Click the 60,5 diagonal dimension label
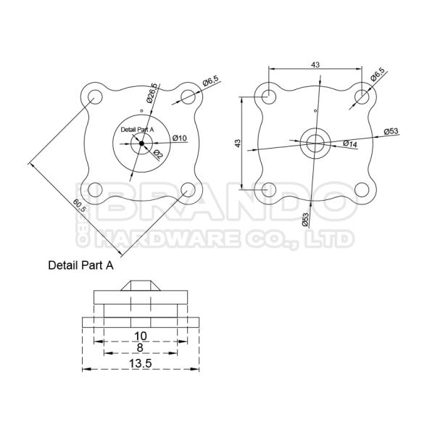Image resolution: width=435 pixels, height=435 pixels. (80, 206)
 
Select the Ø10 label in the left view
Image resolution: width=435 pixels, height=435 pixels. (180, 138)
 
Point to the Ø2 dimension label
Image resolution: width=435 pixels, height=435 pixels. (157, 154)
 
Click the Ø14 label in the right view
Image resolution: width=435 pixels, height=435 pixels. (350, 144)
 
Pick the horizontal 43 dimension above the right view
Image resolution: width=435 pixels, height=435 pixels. (315, 65)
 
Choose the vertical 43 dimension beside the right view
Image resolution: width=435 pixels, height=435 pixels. (238, 143)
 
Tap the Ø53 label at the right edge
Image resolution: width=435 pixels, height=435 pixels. (391, 131)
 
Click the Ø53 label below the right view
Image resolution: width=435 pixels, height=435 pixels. (305, 220)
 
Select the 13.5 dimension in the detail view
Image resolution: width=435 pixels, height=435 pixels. (141, 363)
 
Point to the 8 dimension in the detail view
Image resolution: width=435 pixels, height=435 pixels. (140, 347)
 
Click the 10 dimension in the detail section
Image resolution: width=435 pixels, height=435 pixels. (141, 336)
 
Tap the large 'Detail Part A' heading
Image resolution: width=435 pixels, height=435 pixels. (80, 265)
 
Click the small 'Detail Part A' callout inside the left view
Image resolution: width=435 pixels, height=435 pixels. (137, 130)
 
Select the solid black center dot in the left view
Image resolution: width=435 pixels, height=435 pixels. (141, 143)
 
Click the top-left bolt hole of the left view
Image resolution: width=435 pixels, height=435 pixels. (95, 97)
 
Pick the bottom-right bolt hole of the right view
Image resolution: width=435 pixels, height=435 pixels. (362, 190)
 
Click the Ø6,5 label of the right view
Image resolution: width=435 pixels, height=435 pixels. (378, 74)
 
